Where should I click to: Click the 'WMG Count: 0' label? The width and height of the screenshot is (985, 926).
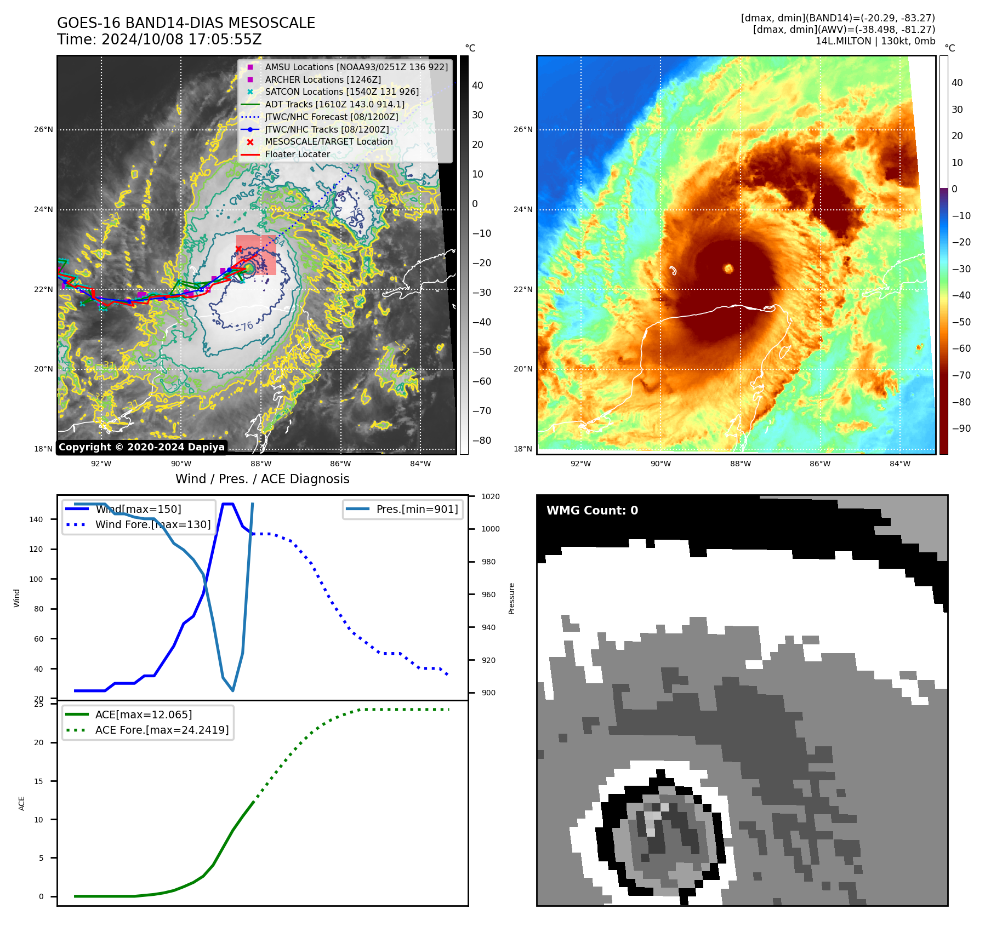[x=592, y=511]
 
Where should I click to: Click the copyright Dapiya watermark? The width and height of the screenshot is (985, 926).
[x=141, y=447]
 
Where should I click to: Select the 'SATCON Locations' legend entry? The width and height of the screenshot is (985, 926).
[x=341, y=92]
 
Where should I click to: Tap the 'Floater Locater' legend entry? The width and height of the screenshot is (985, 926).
[x=297, y=155]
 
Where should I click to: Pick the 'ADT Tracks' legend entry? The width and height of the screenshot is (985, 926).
[x=334, y=105]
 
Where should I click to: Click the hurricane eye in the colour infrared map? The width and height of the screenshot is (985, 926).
[x=728, y=268]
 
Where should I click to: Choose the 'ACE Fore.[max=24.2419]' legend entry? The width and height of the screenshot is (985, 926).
[x=162, y=730]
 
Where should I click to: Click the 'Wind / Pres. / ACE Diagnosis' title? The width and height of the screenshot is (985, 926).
[x=262, y=479]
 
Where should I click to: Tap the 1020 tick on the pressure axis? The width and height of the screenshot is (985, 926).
[x=491, y=496]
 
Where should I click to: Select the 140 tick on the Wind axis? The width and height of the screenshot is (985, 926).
[x=36, y=519]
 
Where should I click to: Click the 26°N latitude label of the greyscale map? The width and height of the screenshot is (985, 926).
[x=44, y=130]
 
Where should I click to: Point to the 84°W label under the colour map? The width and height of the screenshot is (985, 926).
[x=899, y=464]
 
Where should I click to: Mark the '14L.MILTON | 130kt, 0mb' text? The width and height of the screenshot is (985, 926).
[x=875, y=41]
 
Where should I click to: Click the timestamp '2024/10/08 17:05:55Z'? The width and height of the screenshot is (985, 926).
[x=181, y=39]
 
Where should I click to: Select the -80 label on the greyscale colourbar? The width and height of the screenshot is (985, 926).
[x=482, y=441]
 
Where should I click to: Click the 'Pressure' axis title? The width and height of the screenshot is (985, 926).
[x=511, y=598]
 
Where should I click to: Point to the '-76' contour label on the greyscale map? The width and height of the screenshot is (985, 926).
[x=244, y=326]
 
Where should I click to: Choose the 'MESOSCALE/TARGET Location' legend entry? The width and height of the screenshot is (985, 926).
[x=328, y=142]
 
